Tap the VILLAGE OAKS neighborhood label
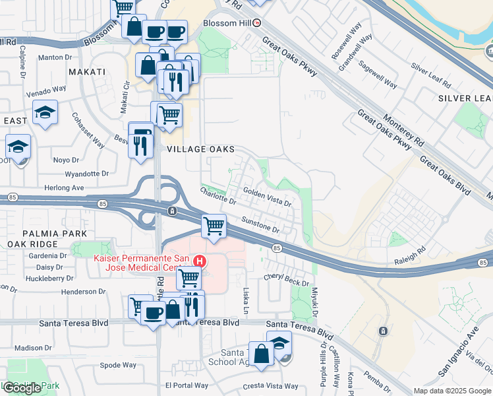point(201,150)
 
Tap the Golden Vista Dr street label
point(267,197)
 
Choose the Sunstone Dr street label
point(261,226)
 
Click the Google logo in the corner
point(22,388)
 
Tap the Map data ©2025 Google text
point(452,391)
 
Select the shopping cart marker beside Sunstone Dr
point(214,226)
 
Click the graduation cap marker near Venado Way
point(45,112)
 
